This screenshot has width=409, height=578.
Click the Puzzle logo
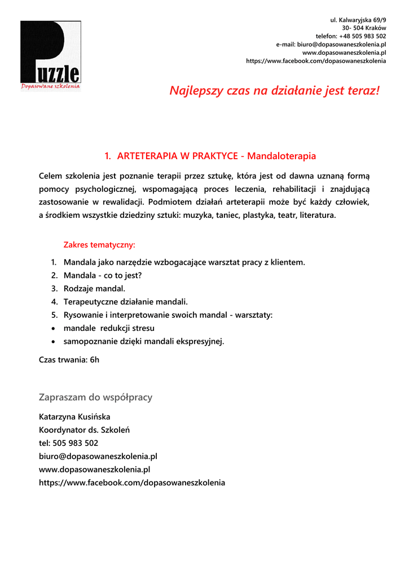click(x=50, y=55)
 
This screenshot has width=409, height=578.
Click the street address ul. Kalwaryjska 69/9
click(x=358, y=20)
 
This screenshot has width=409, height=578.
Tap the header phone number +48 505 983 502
click(x=363, y=36)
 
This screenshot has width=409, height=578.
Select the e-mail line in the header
click(x=331, y=44)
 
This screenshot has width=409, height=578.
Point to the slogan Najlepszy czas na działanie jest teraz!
click(x=275, y=91)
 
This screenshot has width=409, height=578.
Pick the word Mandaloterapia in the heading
click(x=282, y=156)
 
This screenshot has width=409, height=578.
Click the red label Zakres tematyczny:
click(x=99, y=245)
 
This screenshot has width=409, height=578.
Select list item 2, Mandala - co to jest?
click(x=102, y=275)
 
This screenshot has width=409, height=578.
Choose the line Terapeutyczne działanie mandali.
click(x=125, y=302)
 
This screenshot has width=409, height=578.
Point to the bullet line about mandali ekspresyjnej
click(x=143, y=341)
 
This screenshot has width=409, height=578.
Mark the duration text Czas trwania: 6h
click(x=69, y=360)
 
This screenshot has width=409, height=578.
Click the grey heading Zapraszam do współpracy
click(x=95, y=397)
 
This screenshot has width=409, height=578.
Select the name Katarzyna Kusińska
click(x=74, y=417)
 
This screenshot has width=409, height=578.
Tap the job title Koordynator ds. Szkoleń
click(x=84, y=430)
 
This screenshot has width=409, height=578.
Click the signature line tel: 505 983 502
click(x=68, y=443)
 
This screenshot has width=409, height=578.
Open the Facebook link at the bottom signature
click(x=131, y=483)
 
